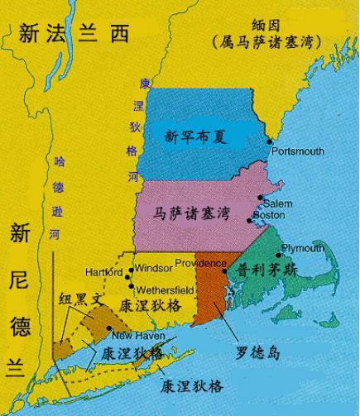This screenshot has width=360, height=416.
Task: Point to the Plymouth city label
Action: tap(302, 247)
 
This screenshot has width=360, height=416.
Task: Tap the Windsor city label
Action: tap(151, 270)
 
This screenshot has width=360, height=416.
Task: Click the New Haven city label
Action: tap(134, 336)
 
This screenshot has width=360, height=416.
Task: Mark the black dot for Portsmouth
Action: tap(270, 143)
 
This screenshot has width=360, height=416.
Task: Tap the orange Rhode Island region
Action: tap(210, 294)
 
